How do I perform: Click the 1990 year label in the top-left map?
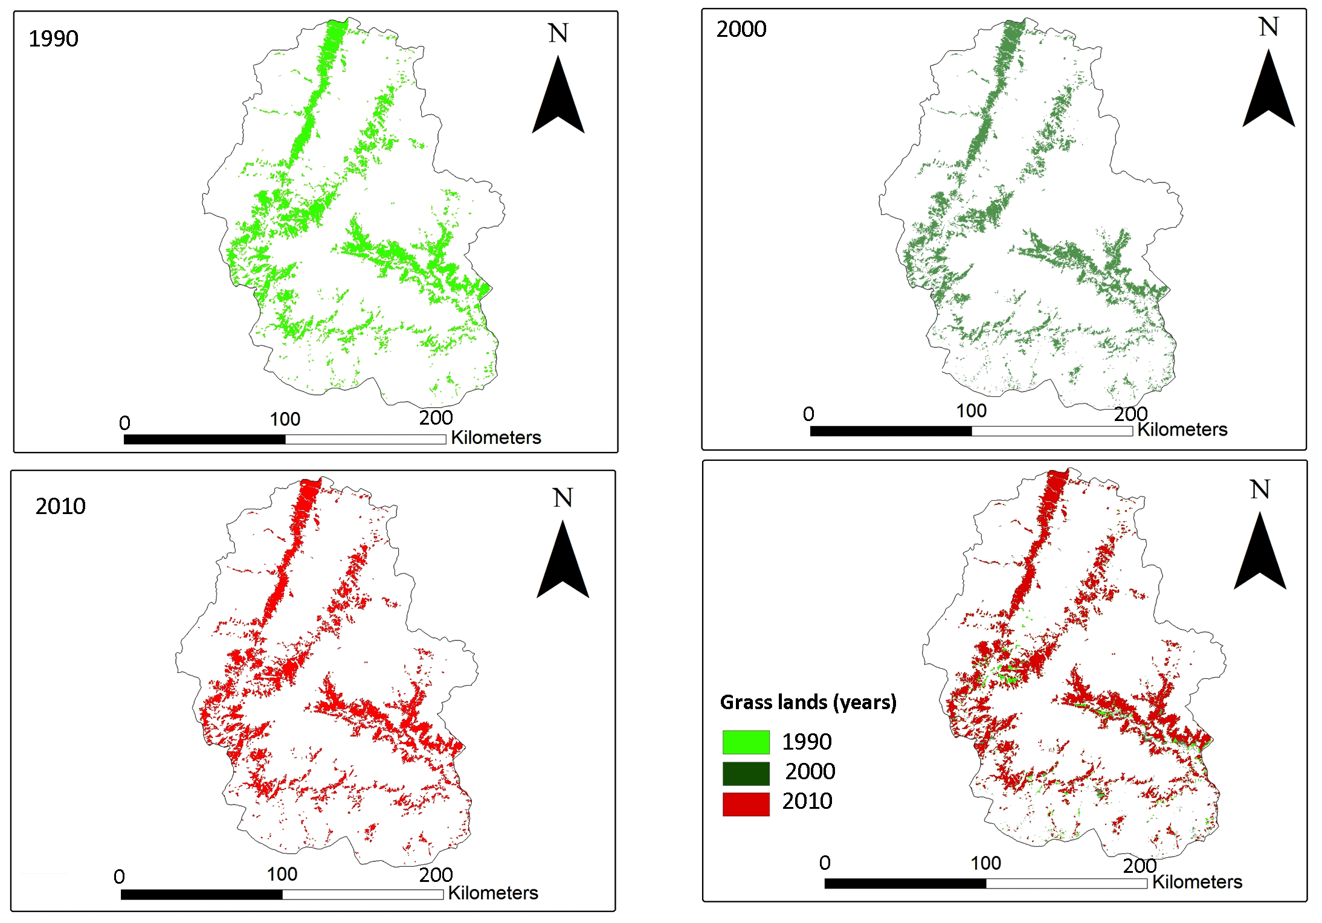54,39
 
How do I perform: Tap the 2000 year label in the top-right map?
741,29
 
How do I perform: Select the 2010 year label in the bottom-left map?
60,506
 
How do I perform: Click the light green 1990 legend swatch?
746,742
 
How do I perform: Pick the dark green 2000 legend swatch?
746,773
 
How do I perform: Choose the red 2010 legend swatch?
746,804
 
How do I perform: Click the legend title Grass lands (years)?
808,703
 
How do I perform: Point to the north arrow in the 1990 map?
558,95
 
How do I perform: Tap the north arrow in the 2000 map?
1269,88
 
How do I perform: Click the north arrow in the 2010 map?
563,559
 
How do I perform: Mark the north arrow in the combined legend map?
1260,550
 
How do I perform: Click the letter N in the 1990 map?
558,33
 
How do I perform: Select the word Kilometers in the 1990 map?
496,437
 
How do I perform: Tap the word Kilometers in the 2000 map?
1182,429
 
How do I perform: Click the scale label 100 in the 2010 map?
282,874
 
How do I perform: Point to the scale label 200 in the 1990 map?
436,417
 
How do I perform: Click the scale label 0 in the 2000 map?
808,414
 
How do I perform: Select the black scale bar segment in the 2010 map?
202,895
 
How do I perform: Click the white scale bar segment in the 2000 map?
1053,431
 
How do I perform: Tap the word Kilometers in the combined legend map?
1198,882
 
